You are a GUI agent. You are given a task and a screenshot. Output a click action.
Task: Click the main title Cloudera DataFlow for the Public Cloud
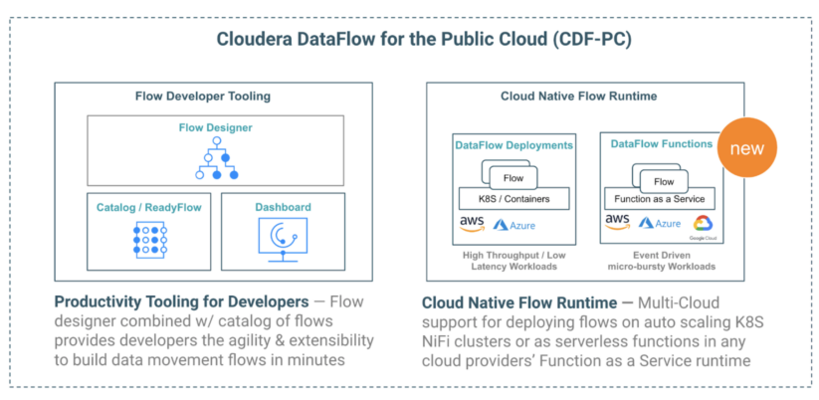[x=408, y=40]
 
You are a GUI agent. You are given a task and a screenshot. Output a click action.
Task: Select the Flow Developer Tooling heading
[x=202, y=97]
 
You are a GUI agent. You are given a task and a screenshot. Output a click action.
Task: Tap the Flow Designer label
[x=215, y=127]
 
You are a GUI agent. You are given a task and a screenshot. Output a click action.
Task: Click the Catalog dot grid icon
[x=149, y=240]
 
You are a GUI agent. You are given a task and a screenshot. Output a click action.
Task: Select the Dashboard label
[x=283, y=207]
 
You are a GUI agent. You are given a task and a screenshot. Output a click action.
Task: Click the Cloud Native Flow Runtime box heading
[x=584, y=97]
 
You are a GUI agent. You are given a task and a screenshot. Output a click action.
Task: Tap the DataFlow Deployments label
[x=513, y=145]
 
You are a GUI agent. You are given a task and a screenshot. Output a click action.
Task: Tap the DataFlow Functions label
[x=662, y=144]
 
